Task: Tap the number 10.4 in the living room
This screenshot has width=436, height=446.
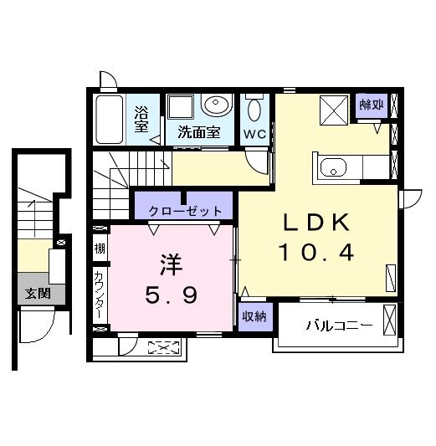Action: pos(317,251)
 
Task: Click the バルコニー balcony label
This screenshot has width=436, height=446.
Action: pos(338,326)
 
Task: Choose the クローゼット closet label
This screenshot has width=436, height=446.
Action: pos(185,211)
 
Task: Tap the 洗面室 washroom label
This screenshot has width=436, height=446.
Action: pos(199,131)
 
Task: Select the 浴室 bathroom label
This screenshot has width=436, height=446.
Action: pos(142,119)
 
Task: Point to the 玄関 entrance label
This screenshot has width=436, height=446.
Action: pos(36,293)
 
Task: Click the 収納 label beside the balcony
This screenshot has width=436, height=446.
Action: pos(254,317)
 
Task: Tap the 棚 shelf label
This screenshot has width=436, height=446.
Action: pos(100,248)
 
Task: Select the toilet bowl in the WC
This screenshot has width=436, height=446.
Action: pos(255,110)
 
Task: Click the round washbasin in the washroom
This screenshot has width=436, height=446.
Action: pos(217,107)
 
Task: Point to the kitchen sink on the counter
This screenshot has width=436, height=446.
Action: pos(335,168)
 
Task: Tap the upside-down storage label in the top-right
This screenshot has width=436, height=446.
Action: pos(372,105)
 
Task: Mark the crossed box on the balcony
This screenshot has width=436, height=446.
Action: pos(389,320)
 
